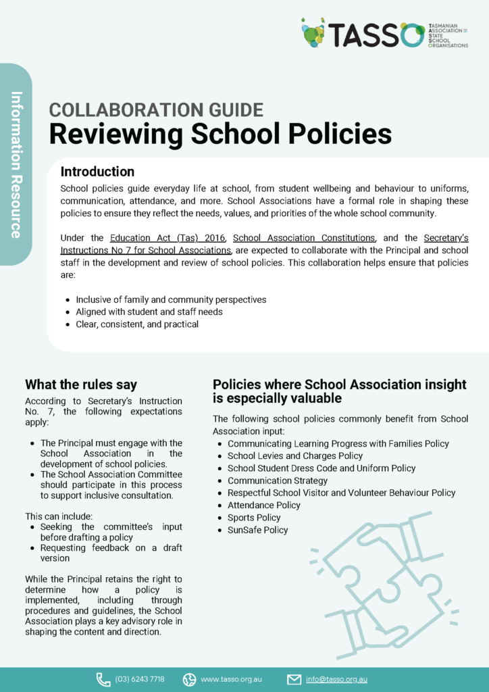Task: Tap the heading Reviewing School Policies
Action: point(220,134)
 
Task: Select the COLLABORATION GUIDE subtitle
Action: point(156,109)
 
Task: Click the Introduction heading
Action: point(97,172)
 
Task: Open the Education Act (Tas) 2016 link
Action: point(168,238)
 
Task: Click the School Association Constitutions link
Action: point(304,238)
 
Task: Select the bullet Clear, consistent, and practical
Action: point(137,324)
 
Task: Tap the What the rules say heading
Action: point(81,385)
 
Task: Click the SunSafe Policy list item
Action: point(257,530)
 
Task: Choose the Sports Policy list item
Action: point(254,518)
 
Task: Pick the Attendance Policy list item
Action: point(264,505)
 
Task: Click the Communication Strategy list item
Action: point(278,480)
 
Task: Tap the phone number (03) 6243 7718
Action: point(140,679)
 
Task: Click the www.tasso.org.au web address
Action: point(231,679)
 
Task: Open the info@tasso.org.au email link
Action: point(336,679)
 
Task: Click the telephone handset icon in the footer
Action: point(103,679)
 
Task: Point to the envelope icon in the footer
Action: point(294,679)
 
